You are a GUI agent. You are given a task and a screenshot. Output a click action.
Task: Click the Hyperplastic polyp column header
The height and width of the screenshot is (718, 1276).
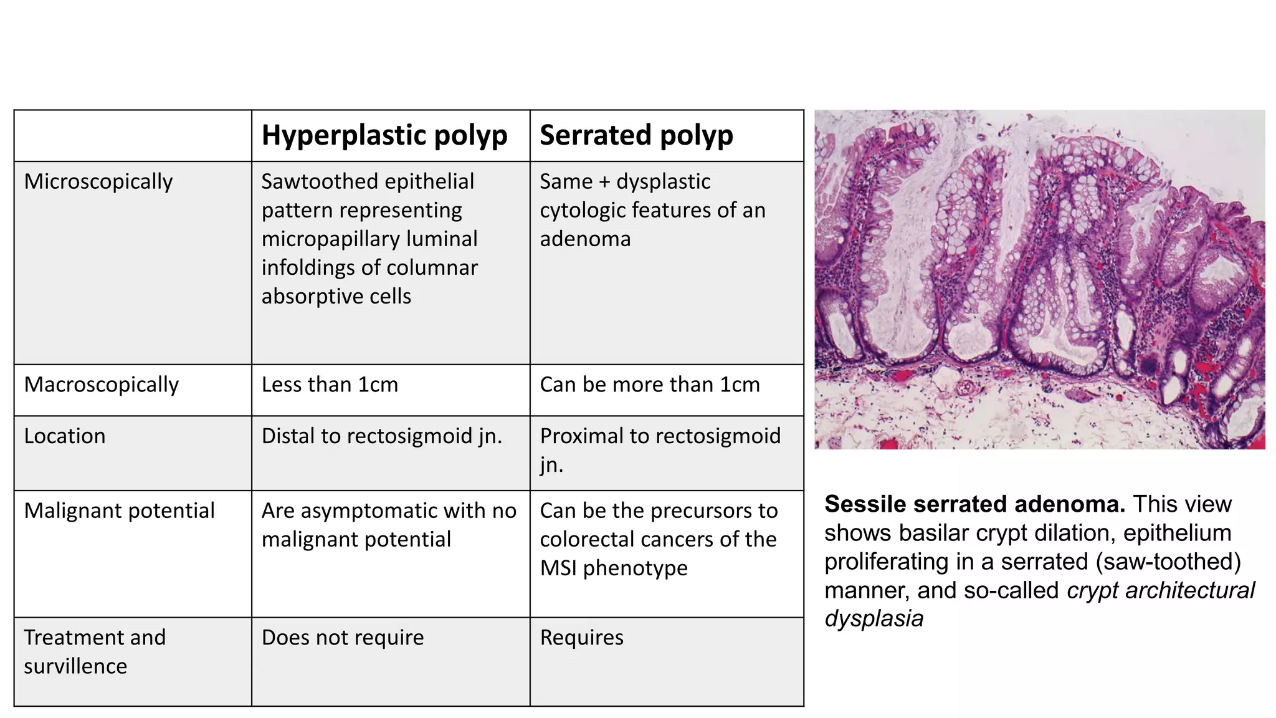coord(384,135)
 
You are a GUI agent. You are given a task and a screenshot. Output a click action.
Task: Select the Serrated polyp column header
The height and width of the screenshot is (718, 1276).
coord(636,135)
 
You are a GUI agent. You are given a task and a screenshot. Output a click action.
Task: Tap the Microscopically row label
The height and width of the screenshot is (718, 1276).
coord(98,181)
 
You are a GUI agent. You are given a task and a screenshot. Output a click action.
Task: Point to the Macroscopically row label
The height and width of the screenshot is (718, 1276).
coord(102,385)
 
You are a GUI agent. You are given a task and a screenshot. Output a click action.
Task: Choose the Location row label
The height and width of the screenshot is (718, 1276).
coord(65,436)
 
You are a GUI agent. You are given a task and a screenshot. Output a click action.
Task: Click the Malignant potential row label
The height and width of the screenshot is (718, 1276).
coord(119,510)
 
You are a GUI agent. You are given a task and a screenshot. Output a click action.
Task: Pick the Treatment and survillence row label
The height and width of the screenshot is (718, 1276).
coord(95,651)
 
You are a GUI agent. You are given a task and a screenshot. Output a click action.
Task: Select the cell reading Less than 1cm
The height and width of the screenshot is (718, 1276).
coord(330,385)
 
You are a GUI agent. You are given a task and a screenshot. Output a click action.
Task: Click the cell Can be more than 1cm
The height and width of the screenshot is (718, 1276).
coord(650,385)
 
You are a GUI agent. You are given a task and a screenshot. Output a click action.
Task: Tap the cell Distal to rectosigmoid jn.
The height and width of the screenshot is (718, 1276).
coord(382,436)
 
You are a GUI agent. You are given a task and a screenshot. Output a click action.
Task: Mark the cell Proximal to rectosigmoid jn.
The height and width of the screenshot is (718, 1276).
coord(660,449)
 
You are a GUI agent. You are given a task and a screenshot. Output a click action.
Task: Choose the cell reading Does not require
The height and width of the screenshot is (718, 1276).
coord(343,638)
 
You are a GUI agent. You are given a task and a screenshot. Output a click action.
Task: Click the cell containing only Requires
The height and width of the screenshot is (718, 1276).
coord(581,638)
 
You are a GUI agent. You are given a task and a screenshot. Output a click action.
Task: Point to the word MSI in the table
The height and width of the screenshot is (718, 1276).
coord(558,568)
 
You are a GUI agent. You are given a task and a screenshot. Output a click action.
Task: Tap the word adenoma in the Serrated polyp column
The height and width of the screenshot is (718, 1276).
coord(585,239)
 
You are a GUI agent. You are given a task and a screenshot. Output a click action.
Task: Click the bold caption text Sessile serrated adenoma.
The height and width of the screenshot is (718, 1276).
coord(974,504)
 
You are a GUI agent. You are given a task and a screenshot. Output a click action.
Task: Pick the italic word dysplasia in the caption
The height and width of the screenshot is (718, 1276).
coord(874,618)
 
